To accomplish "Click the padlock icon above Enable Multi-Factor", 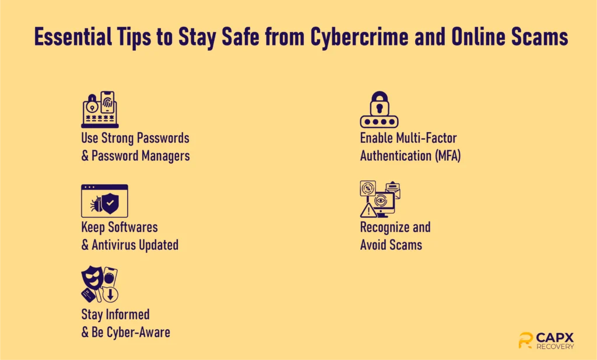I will click(380, 109).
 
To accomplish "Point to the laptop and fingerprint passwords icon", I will click(100, 109).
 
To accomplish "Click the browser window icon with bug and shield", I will click(104, 201).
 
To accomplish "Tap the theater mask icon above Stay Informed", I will click(92, 278).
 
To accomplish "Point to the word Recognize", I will click(385, 227).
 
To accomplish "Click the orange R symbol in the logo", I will click(525, 340).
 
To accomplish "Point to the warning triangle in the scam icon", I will click(368, 210).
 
